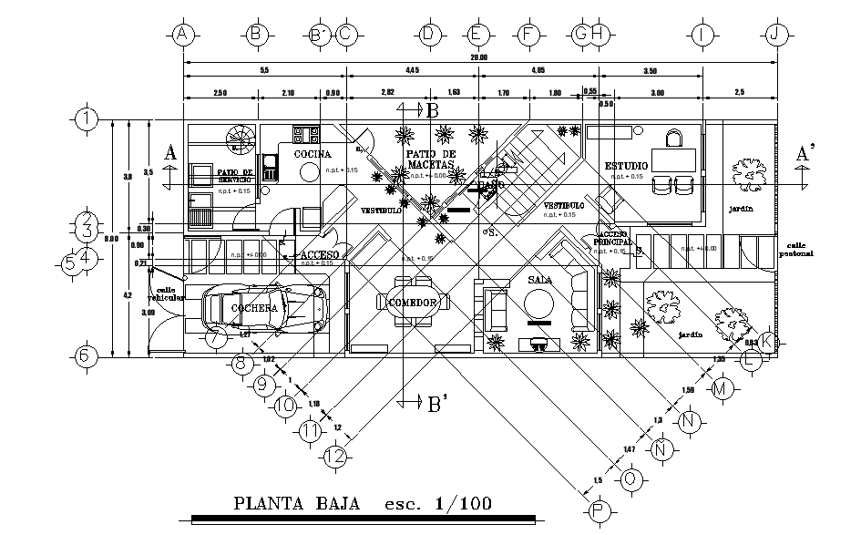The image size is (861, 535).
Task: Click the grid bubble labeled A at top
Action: [184, 35]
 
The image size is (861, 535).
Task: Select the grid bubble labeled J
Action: [776, 35]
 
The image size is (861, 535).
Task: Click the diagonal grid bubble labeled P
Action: [600, 511]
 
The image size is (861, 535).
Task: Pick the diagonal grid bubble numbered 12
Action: [336, 454]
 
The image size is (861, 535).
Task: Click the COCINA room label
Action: [313, 155]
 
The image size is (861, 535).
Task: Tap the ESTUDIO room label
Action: [627, 165]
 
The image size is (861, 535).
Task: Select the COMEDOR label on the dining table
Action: [414, 302]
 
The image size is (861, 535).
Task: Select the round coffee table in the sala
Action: [539, 307]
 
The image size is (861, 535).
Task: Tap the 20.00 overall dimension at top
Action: [479, 57]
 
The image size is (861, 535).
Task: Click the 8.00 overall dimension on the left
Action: [112, 239]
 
